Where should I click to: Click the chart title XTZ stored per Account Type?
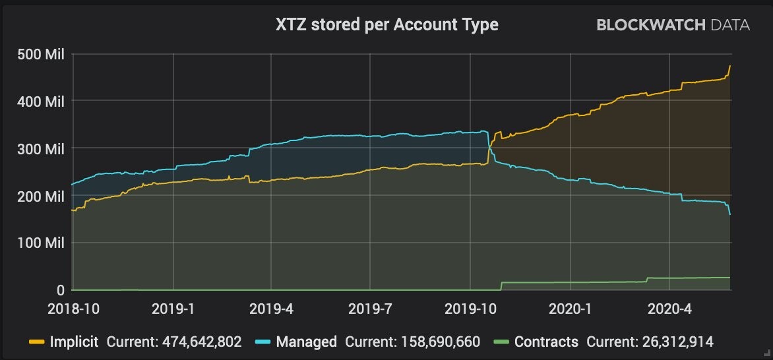tap(387, 25)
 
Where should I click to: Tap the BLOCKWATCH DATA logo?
tap(673, 25)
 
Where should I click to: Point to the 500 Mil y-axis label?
tap(41, 54)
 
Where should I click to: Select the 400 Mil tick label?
tap(41, 102)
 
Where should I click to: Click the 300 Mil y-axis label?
tap(41, 149)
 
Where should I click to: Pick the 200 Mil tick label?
tap(41, 196)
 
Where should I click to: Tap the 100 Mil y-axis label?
tap(41, 243)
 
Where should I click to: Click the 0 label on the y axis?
tap(60, 290)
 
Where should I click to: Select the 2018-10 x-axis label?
tap(73, 309)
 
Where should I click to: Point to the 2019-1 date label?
tap(173, 309)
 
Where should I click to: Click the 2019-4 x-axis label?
tap(271, 309)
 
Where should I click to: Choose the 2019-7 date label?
tap(370, 309)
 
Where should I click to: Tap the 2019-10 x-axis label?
tap(470, 309)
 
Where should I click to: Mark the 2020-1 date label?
tap(570, 309)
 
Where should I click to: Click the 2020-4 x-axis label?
tap(669, 309)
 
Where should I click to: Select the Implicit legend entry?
tap(65, 342)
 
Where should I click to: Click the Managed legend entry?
tap(296, 342)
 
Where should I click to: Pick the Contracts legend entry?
tap(536, 342)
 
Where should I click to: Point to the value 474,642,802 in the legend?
tap(202, 342)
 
